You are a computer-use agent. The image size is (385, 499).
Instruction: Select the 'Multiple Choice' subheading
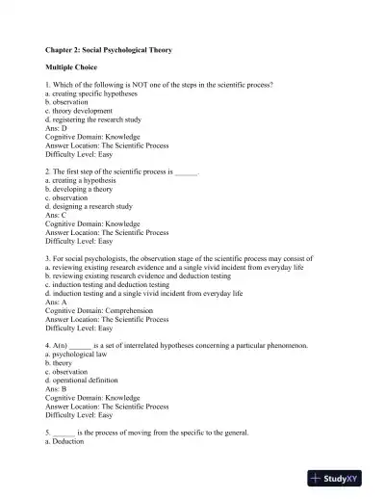pyautogui.click(x=73, y=69)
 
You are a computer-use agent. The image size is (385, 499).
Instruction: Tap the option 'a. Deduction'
pyautogui.click(x=65, y=442)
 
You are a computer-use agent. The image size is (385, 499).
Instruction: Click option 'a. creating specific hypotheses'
pyautogui.click(x=91, y=92)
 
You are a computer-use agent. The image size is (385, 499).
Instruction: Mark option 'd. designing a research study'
pyautogui.click(x=89, y=206)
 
